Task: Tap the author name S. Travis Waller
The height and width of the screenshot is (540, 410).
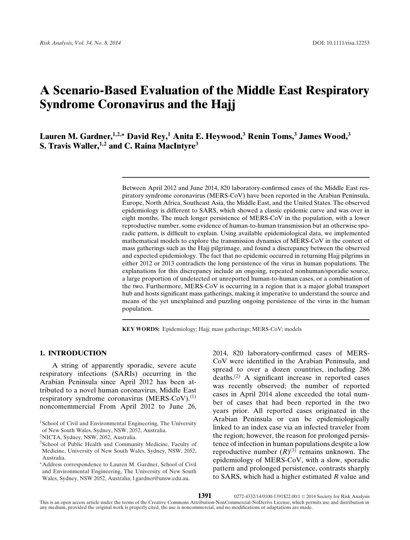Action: click(69, 146)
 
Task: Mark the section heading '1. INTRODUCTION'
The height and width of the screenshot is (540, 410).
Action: click(73, 353)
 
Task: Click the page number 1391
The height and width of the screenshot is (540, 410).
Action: click(204, 496)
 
